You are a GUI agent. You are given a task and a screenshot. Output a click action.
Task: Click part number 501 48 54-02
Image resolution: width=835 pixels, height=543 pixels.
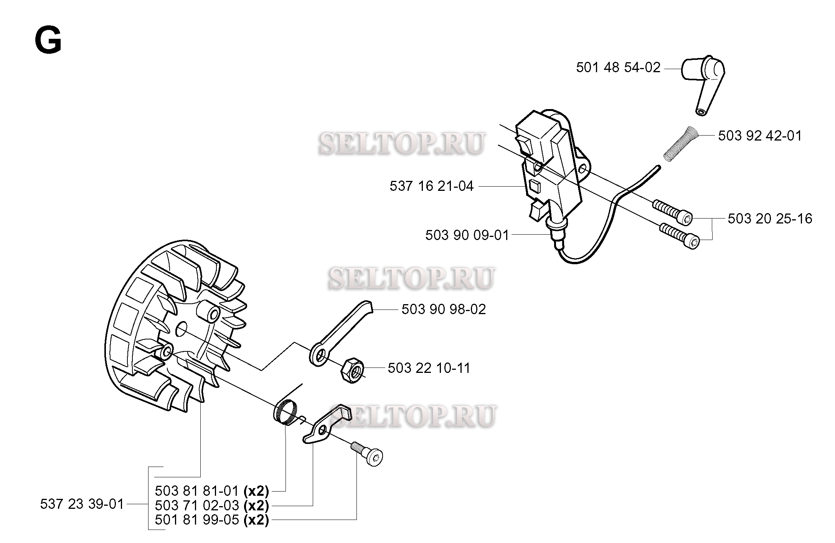(x=618, y=68)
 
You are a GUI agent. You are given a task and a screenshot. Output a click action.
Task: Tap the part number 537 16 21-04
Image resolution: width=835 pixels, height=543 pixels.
(x=431, y=186)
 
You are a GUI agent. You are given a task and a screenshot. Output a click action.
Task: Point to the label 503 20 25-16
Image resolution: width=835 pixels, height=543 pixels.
(x=770, y=219)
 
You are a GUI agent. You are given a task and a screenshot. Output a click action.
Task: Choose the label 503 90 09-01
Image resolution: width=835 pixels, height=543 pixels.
(x=467, y=235)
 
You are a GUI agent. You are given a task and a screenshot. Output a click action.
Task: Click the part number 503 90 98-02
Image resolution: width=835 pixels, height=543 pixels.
(x=444, y=309)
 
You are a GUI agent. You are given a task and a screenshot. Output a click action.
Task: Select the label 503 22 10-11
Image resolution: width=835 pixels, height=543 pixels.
(x=429, y=368)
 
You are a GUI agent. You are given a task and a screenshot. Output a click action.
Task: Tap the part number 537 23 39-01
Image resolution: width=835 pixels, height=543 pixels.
(x=82, y=504)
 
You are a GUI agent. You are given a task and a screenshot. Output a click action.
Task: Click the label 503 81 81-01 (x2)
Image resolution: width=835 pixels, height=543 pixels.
(x=212, y=491)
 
